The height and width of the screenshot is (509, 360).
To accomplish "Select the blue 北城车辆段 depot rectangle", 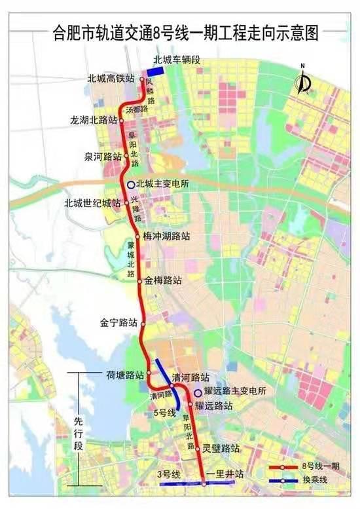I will tap(160, 73).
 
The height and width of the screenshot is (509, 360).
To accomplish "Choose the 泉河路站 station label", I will tap(103, 157).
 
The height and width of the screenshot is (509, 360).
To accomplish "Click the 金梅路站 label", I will tap(164, 280).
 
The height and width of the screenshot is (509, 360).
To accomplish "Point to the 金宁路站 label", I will tap(118, 323).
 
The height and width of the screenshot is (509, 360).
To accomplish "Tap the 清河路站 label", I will tap(190, 378).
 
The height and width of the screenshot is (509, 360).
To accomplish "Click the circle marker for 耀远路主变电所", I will tap(189, 392).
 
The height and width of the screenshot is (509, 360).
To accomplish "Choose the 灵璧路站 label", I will tap(220, 449).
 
